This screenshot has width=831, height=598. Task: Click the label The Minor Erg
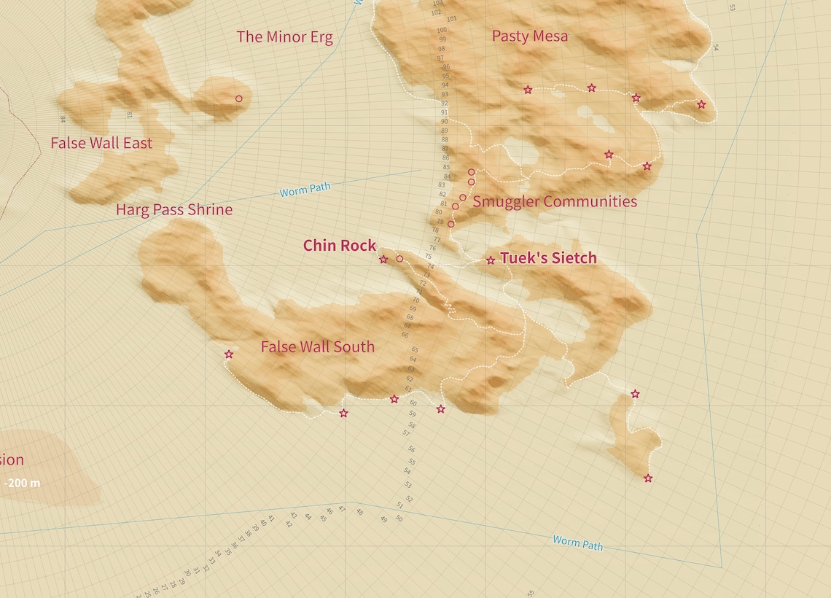(x=284, y=37)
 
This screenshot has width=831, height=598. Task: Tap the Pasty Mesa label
(x=529, y=36)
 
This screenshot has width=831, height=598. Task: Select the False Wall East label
(x=101, y=144)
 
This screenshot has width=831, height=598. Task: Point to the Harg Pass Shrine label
(x=174, y=210)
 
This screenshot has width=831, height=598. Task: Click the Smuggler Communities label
(x=555, y=202)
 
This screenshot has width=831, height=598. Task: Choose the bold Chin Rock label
(x=340, y=246)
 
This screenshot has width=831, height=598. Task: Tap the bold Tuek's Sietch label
(x=548, y=258)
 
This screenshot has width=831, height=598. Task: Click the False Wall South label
(x=318, y=347)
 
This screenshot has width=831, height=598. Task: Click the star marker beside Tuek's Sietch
(x=491, y=260)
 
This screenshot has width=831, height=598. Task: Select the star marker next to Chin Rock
(x=383, y=260)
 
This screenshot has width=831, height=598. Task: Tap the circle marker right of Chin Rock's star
(x=399, y=259)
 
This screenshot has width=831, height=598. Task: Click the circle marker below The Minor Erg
(x=238, y=98)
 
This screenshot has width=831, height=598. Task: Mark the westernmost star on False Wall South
(x=229, y=354)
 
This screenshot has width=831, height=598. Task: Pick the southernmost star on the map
(x=648, y=478)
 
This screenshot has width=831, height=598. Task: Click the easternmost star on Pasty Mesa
(x=701, y=105)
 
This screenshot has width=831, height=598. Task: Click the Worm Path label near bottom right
(x=577, y=543)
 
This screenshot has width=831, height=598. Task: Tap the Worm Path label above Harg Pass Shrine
(x=305, y=190)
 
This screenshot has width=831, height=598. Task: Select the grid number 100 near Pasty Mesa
(x=442, y=31)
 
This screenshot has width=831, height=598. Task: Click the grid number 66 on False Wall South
(x=405, y=335)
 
